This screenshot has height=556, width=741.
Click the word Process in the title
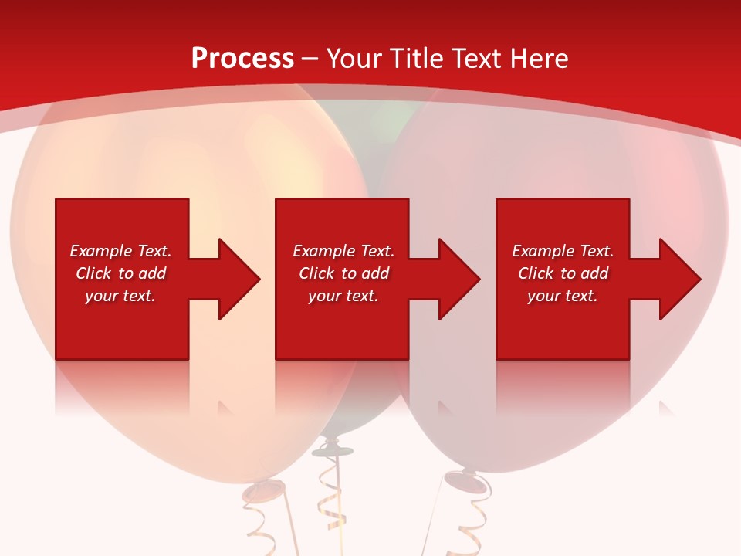pyautogui.click(x=242, y=59)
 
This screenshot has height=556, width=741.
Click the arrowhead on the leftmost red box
pyautogui.click(x=235, y=279)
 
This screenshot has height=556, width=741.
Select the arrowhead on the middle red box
pyautogui.click(x=455, y=279)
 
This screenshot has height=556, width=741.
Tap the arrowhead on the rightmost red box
pyautogui.click(x=676, y=279)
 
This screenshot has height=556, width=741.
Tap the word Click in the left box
pyautogui.click(x=94, y=273)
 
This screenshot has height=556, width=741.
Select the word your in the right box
pyautogui.click(x=545, y=296)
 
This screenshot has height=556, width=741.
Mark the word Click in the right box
pyautogui.click(x=536, y=273)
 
